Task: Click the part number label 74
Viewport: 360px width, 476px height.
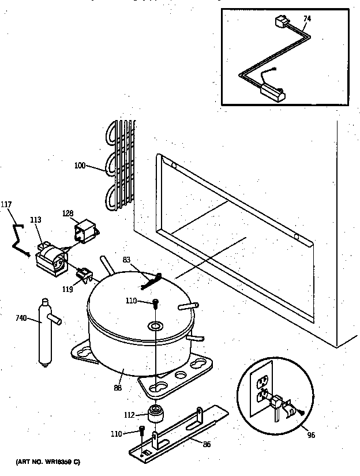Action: (307, 19)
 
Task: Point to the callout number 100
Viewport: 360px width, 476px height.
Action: (80, 166)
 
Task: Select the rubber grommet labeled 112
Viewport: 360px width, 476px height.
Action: (155, 414)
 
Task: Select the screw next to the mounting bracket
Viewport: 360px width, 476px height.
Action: (142, 432)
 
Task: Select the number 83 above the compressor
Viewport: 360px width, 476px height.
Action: (127, 260)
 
